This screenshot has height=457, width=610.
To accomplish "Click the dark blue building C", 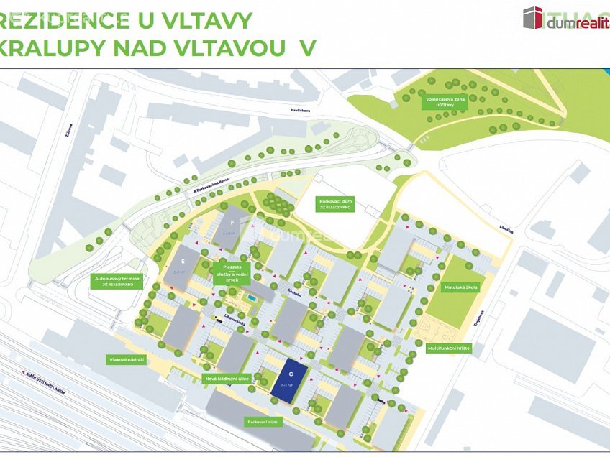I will click(290, 379).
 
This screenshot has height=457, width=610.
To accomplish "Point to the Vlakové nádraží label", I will click(128, 359).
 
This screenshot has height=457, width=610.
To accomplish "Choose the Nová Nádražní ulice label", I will click(227, 378).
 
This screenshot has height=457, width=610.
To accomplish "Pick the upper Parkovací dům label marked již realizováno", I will click(332, 203).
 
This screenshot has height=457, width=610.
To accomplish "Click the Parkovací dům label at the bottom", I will click(263, 422).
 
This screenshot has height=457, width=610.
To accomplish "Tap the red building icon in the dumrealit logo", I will click(533, 17).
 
